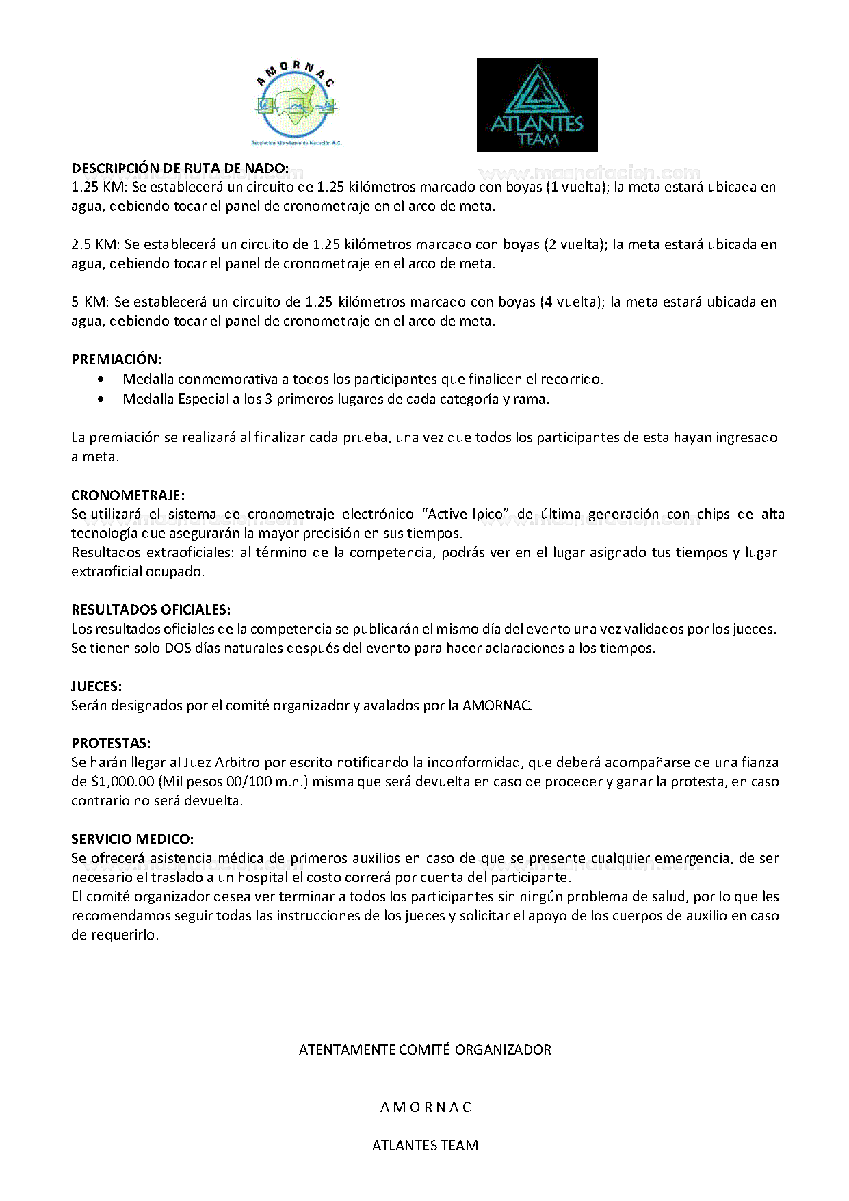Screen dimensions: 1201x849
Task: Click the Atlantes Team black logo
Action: click(x=537, y=105)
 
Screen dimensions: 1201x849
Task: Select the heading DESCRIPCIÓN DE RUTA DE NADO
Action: click(x=180, y=168)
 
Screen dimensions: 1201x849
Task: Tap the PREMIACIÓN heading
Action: click(x=116, y=359)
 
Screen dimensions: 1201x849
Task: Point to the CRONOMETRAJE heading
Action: click(x=128, y=495)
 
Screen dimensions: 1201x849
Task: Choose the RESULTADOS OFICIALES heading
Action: click(x=151, y=610)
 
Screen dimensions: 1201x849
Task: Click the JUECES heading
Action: click(x=96, y=686)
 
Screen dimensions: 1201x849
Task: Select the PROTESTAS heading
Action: click(x=111, y=743)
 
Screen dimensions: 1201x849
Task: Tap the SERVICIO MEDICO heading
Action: click(x=132, y=839)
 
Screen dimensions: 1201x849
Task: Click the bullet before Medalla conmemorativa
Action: click(x=102, y=379)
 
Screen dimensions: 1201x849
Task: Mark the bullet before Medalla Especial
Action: click(x=102, y=399)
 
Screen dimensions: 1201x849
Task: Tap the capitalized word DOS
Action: click(x=178, y=648)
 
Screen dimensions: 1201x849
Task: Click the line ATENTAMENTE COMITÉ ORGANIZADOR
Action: click(x=425, y=1050)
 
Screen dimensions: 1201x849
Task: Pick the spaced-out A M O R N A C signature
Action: click(x=426, y=1107)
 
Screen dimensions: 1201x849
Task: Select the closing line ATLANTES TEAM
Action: click(x=425, y=1146)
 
